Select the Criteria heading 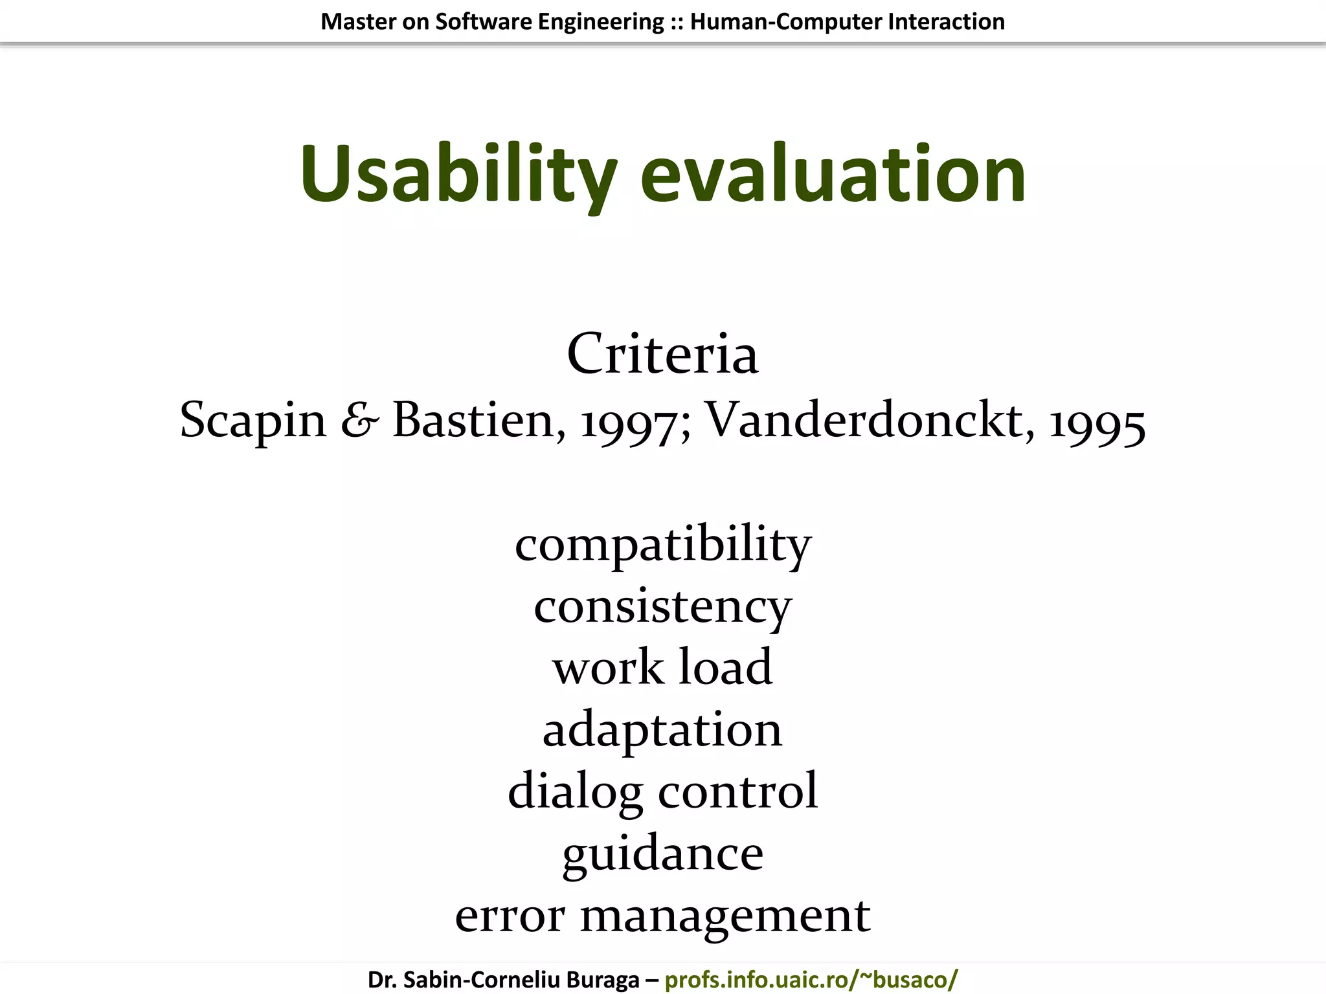[x=662, y=354]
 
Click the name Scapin [x=253, y=421]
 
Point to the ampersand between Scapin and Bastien [x=360, y=421]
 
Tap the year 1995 [x=1097, y=424]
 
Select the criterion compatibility [x=662, y=545]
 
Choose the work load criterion [x=662, y=667]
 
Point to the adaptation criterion [x=662, y=730]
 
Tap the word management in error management [x=725, y=916]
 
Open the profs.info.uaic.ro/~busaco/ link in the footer [x=811, y=980]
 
